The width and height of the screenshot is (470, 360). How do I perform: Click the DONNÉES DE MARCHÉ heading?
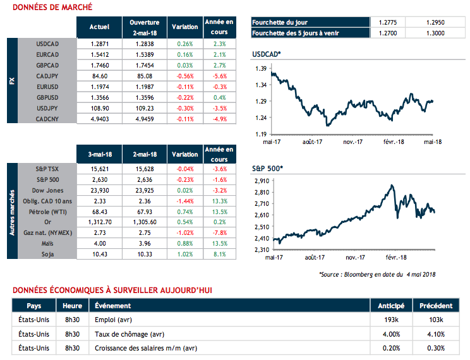(x=52, y=8)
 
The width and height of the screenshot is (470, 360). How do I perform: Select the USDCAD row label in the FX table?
(x=48, y=44)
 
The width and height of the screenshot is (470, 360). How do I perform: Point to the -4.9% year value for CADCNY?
(x=219, y=119)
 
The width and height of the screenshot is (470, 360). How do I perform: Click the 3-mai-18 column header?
(x=100, y=154)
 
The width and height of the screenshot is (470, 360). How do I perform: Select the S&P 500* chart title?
(x=268, y=169)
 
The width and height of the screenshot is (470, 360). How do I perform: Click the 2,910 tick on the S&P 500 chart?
(x=260, y=181)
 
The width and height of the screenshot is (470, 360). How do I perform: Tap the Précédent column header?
(x=436, y=306)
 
